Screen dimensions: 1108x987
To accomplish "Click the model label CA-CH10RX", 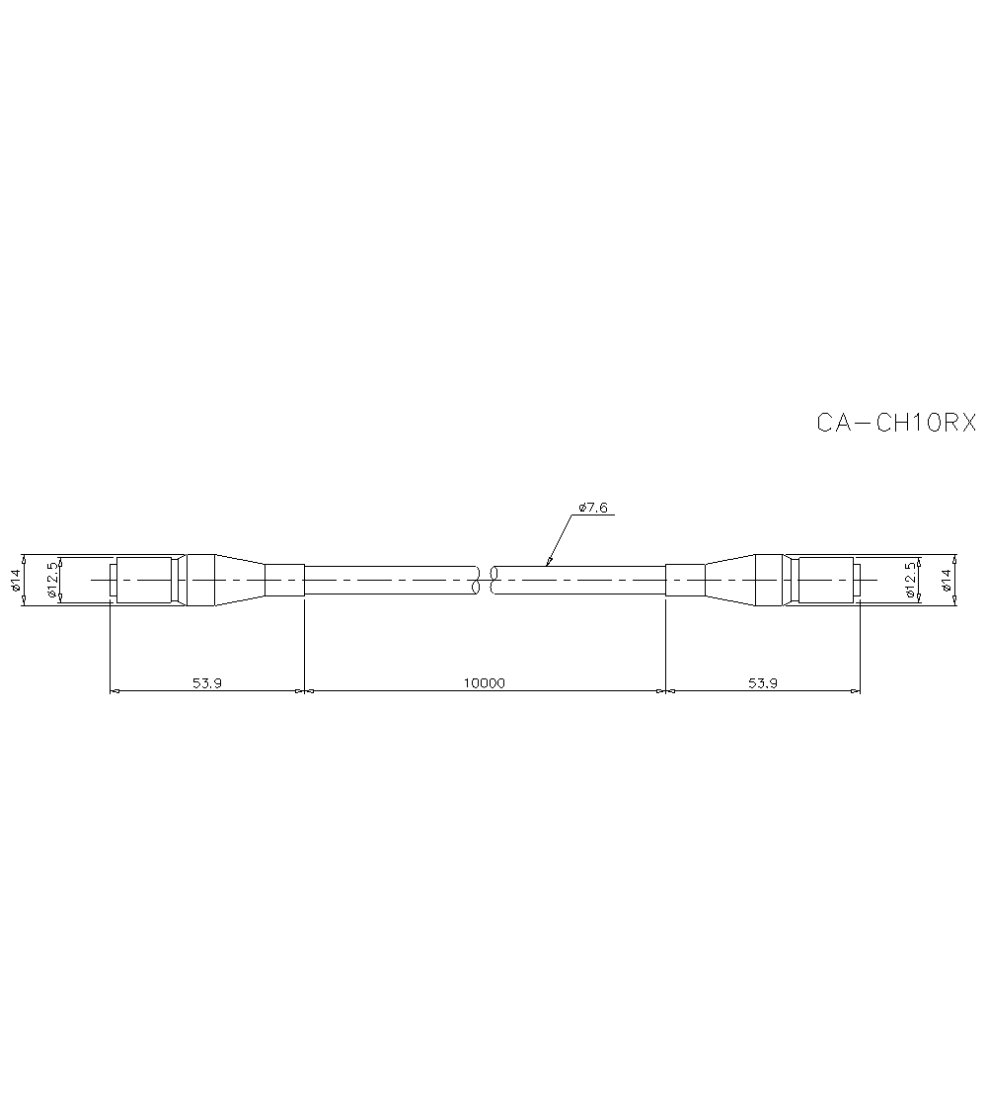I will (895, 423).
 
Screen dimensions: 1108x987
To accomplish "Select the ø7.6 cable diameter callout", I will (593, 508).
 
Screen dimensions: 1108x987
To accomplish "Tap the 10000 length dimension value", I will (484, 682).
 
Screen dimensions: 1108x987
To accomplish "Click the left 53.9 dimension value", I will (206, 682).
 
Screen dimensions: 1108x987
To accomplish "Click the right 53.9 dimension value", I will (761, 682).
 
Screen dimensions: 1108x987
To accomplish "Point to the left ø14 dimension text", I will (16, 580).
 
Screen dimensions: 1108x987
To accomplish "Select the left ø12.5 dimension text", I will (51, 580).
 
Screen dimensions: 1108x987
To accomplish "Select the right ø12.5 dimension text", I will (910, 580).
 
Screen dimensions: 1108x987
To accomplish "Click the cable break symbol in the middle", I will (485, 580).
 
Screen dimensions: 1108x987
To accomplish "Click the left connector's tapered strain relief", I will (240, 580).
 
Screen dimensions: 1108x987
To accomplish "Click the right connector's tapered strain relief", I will (729, 580).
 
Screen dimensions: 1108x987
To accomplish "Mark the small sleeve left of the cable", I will (284, 580).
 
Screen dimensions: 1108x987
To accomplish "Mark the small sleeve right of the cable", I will (685, 580).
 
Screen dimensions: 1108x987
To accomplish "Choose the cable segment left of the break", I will (390, 580).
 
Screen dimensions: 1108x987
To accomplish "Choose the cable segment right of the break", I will (579, 580).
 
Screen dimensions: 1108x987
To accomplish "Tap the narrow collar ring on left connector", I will (183, 580).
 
